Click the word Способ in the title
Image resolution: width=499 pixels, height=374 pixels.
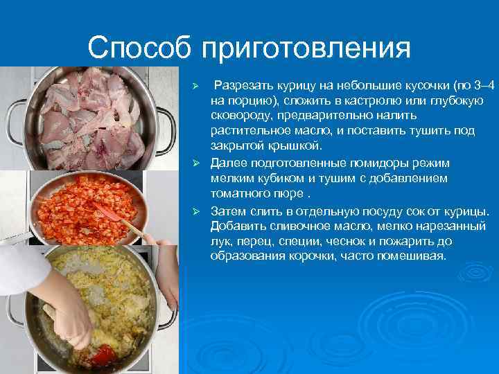140,48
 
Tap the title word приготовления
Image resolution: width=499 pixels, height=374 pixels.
306,48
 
